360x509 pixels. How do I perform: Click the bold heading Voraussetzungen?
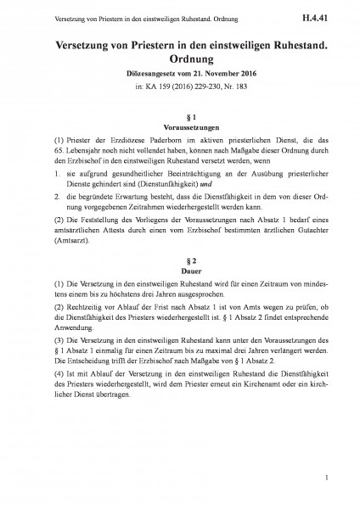click(x=180, y=126)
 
